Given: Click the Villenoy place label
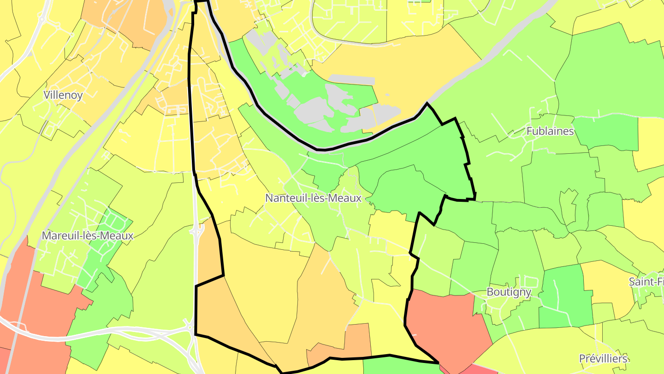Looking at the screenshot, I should tap(63, 95).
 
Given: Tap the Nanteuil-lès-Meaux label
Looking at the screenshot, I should tap(313, 198).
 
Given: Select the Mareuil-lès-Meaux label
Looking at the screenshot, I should tap(88, 235).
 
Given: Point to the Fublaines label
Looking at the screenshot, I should tap(550, 131).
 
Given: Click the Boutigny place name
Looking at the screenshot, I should tap(509, 292).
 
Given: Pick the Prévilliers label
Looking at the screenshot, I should tap(603, 359).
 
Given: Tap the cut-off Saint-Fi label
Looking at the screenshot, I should tap(646, 282).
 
